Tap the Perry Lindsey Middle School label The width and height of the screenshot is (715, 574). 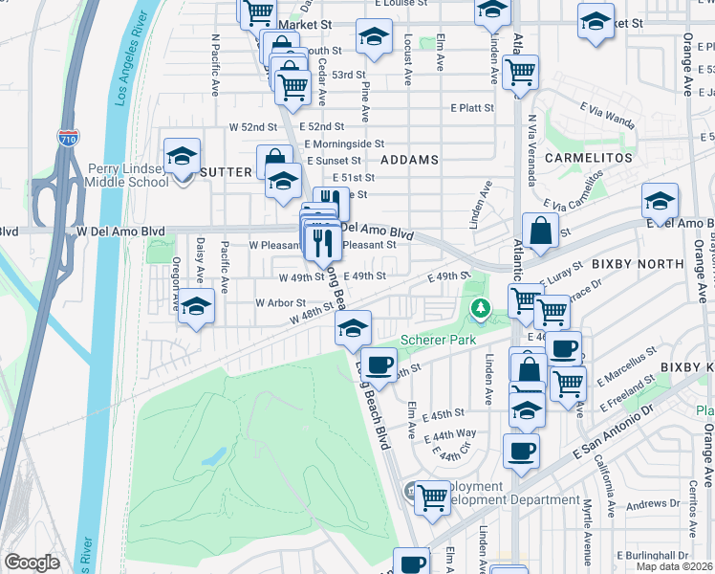point(128,175)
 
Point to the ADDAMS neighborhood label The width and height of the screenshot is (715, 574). point(409,159)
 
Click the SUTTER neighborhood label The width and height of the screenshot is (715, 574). point(226,171)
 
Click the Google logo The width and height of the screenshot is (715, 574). point(32,563)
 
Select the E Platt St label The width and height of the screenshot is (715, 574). point(472,108)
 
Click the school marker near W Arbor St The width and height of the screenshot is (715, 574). point(197,308)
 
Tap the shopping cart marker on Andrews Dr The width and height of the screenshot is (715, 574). point(432,497)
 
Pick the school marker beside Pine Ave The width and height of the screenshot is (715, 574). point(374,37)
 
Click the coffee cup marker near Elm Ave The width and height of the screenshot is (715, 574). point(379,364)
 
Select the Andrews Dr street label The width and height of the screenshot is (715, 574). point(653,504)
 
